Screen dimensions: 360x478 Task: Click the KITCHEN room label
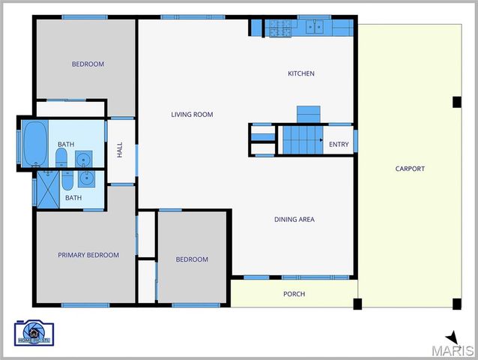click(x=301, y=73)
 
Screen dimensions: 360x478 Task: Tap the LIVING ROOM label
click(x=192, y=115)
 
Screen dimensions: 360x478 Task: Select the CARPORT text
click(x=410, y=169)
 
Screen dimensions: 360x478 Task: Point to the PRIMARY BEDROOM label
click(x=88, y=255)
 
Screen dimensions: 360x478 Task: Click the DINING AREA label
click(x=294, y=220)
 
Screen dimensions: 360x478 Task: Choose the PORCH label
click(x=294, y=294)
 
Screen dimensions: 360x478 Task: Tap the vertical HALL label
click(x=120, y=150)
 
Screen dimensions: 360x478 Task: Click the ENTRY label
click(x=339, y=145)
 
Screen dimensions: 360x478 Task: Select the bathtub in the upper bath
click(x=34, y=143)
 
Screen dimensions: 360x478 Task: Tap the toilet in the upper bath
click(x=61, y=157)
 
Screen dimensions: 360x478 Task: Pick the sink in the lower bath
click(x=85, y=178)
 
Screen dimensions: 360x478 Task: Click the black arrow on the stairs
click(x=320, y=140)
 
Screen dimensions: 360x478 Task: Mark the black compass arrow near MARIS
click(x=452, y=337)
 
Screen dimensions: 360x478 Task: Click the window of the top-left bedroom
click(x=85, y=17)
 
